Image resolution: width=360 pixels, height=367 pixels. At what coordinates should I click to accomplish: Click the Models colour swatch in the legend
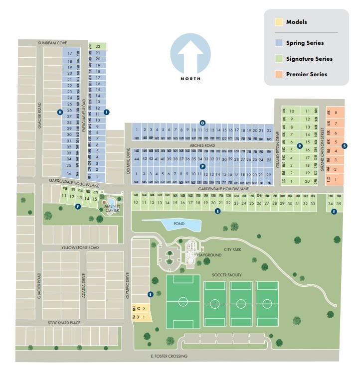[279, 22]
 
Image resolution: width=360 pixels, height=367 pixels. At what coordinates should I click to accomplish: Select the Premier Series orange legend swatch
[279, 74]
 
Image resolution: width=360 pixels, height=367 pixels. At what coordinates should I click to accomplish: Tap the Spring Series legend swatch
[279, 43]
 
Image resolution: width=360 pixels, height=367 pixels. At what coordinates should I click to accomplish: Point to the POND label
[179, 224]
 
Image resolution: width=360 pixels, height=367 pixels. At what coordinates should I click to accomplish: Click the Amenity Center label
[112, 208]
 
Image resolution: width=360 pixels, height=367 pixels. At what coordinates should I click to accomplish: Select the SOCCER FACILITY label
[227, 275]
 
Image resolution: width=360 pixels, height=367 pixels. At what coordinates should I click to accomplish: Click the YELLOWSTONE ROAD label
[80, 247]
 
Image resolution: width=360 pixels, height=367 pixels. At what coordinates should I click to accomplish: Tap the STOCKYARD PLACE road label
[64, 323]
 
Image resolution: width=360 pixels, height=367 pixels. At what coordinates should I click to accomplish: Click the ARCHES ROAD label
[202, 146]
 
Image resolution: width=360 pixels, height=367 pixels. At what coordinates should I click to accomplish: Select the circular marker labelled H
[60, 112]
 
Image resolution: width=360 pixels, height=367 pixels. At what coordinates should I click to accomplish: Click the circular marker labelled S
[345, 146]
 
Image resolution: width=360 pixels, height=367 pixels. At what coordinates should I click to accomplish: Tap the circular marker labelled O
[202, 122]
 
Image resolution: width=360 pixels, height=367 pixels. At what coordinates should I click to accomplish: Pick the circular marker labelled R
[299, 146]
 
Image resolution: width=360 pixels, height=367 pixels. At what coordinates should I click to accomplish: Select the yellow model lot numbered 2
[144, 309]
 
